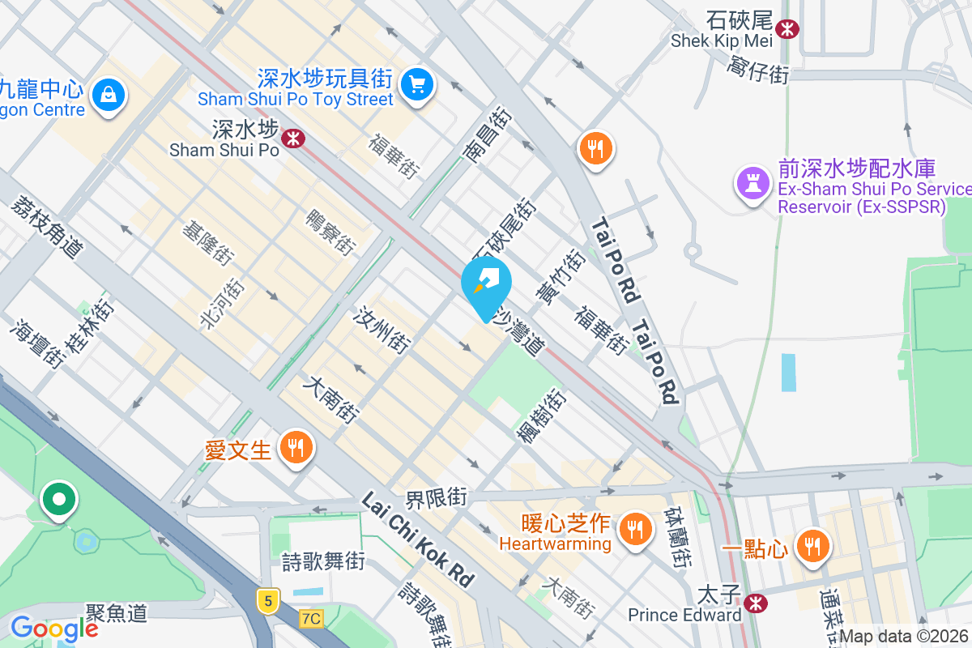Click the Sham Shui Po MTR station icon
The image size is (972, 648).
pyautogui.click(x=292, y=139)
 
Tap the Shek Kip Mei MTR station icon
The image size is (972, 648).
pyautogui.click(x=786, y=29)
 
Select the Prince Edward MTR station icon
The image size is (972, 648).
pyautogui.click(x=756, y=603)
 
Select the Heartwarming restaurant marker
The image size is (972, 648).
pyautogui.click(x=636, y=530)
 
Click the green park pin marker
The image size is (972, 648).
pyautogui.click(x=59, y=500)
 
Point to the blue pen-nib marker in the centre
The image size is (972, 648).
pyautogui.click(x=486, y=283)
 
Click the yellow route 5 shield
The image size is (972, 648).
pyautogui.click(x=267, y=600)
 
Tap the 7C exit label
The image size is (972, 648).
pyautogui.click(x=309, y=619)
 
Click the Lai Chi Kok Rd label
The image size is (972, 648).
pyautogui.click(x=417, y=540)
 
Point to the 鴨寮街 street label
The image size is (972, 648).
pyautogui.click(x=330, y=232)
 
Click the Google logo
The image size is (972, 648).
pyautogui.click(x=53, y=629)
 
